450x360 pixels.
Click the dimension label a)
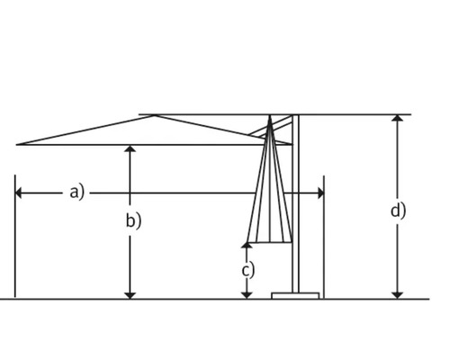76,192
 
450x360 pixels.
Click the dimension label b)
133,220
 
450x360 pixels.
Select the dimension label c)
247,269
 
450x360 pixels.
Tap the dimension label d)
398,211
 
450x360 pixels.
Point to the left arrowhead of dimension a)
20,193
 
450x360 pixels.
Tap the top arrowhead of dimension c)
247,246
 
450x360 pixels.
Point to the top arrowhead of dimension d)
398,119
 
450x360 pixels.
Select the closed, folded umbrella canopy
270,198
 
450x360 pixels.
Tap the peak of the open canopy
155,115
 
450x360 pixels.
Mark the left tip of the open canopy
18,144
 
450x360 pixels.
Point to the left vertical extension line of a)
15,243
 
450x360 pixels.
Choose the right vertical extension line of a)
324,243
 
